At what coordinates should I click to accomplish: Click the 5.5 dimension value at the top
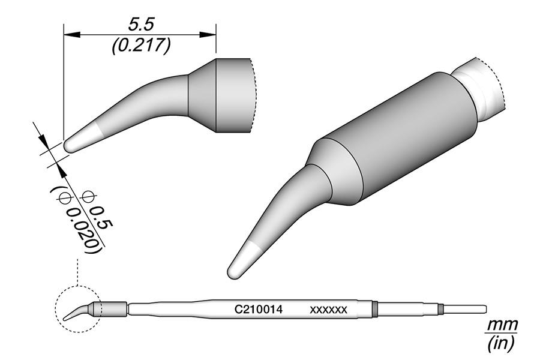point(140,25)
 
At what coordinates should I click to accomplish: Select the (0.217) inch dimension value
point(140,46)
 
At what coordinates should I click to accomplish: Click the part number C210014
point(258,310)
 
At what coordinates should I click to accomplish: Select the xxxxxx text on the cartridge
point(328,310)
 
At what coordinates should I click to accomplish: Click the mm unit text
point(501,325)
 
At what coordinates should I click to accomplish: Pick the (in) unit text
point(501,344)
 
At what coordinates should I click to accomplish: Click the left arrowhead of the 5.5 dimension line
point(69,35)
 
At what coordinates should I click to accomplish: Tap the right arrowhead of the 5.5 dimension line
point(211,35)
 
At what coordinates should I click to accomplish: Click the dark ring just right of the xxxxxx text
point(374,309)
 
